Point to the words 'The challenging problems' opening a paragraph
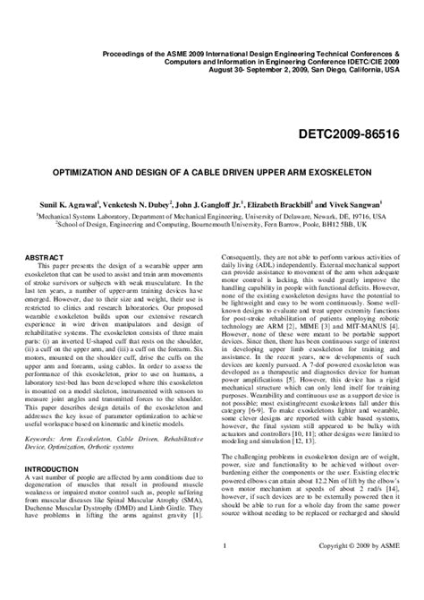click(272, 479)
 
